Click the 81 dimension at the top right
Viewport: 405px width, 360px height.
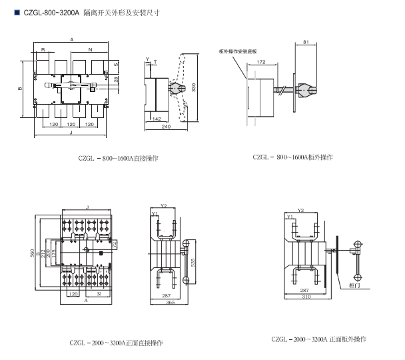click(305, 43)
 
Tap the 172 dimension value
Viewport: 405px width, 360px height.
click(260, 61)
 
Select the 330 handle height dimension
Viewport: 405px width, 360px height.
click(194, 87)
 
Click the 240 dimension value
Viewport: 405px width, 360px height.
click(165, 126)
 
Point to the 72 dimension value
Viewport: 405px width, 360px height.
click(115, 245)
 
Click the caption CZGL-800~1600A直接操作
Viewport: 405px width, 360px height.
click(117, 157)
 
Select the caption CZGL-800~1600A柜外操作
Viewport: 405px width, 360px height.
click(292, 157)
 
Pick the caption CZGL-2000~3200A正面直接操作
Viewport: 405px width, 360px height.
click(116, 343)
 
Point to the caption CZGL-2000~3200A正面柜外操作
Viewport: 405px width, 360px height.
click(318, 339)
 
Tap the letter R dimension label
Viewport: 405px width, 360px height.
click(43, 50)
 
